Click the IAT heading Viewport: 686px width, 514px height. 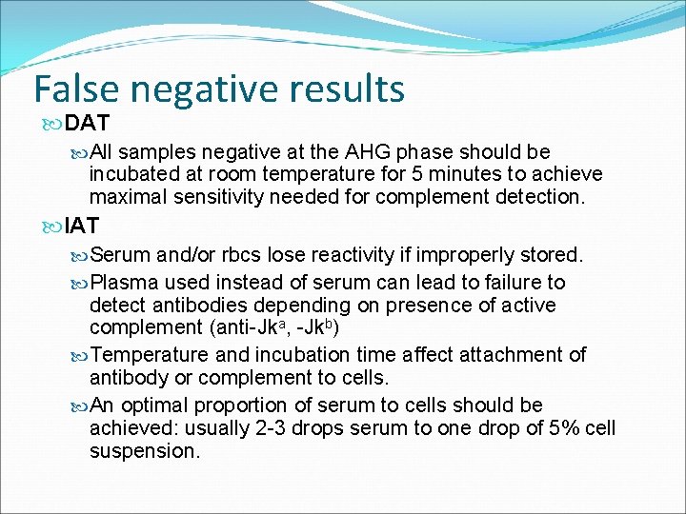point(83,226)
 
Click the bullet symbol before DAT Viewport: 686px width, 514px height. point(52,124)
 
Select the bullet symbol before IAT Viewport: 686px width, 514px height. point(52,227)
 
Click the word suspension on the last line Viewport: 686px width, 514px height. point(144,451)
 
